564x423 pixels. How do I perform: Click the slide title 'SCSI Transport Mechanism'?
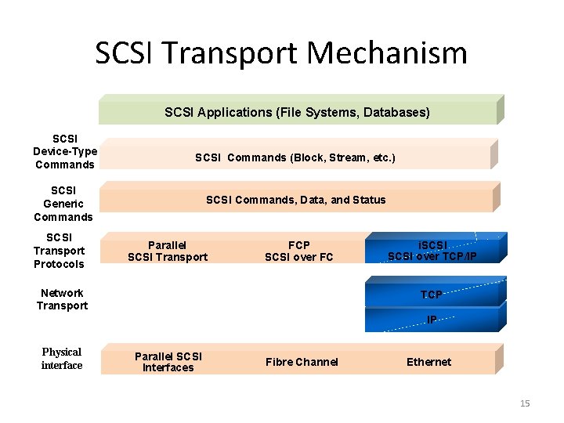tap(281, 53)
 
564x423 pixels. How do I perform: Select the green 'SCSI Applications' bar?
tap(298, 112)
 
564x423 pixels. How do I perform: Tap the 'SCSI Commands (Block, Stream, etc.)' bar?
tap(295, 157)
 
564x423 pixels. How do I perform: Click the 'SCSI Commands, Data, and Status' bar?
tap(295, 200)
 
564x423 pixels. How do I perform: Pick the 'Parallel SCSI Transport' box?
tap(168, 251)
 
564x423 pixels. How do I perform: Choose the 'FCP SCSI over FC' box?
tap(299, 251)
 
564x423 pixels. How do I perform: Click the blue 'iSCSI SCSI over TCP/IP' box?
tap(432, 250)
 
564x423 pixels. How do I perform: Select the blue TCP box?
tap(432, 295)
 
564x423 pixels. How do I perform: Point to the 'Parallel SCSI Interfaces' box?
tap(168, 362)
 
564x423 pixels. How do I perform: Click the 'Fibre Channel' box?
tap(302, 362)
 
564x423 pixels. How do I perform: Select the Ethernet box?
tap(428, 362)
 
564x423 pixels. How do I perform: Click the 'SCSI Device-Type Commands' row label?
tap(64, 151)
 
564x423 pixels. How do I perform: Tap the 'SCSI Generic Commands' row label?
tap(63, 204)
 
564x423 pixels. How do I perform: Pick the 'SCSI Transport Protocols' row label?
tap(59, 251)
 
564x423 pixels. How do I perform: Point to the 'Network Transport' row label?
tap(63, 299)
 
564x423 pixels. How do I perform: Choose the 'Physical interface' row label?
tap(62, 359)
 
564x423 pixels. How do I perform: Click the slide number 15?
tap(525, 403)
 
